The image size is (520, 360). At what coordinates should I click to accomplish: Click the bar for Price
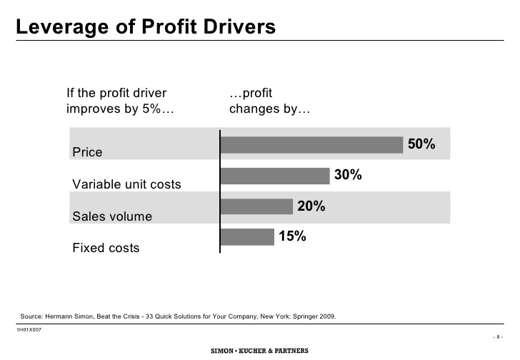pyautogui.click(x=311, y=145)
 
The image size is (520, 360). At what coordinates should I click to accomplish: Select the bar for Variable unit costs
pyautogui.click(x=274, y=176)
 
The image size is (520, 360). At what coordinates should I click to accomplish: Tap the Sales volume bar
pyautogui.click(x=256, y=206)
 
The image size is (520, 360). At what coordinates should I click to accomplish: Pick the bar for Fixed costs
pyautogui.click(x=247, y=236)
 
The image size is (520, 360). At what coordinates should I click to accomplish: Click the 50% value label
pyautogui.click(x=421, y=144)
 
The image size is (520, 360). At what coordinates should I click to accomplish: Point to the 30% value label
pyautogui.click(x=348, y=175)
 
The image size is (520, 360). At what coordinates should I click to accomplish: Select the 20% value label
pyautogui.click(x=311, y=206)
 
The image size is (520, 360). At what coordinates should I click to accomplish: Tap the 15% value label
pyautogui.click(x=292, y=236)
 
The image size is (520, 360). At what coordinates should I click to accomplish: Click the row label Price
pyautogui.click(x=87, y=152)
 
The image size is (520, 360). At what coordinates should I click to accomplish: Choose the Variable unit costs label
pyautogui.click(x=126, y=184)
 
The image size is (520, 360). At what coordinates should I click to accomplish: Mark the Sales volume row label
pyautogui.click(x=112, y=216)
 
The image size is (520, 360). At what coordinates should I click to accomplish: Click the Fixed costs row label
pyautogui.click(x=106, y=249)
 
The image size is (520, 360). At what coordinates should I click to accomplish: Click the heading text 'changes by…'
pyautogui.click(x=269, y=110)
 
